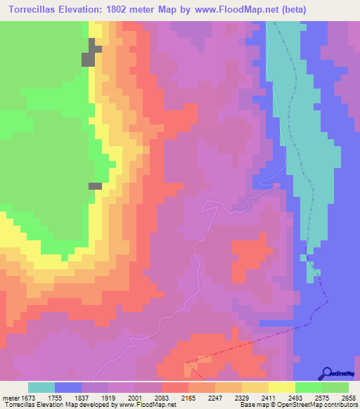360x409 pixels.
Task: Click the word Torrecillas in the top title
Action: click(x=34, y=10)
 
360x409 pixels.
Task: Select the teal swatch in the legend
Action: click(x=41, y=387)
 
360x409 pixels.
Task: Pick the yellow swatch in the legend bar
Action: click(x=281, y=387)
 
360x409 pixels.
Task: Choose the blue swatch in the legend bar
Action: click(x=68, y=387)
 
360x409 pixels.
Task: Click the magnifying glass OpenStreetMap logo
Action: click(x=328, y=372)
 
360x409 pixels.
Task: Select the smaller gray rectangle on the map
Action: click(x=95, y=186)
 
